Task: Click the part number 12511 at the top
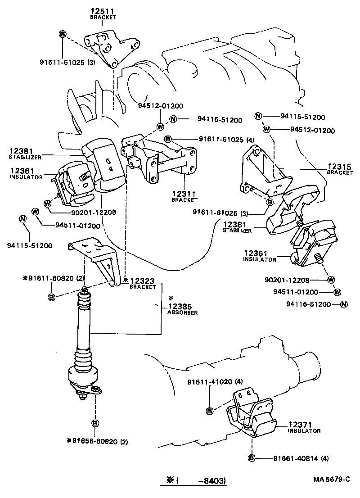(x=103, y=11)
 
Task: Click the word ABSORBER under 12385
(x=182, y=312)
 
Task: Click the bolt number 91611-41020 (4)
(x=215, y=382)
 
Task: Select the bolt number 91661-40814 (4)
(x=301, y=459)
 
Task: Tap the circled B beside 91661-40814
(x=252, y=459)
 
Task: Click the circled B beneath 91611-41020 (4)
(x=210, y=410)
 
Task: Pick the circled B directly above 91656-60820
(x=95, y=423)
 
